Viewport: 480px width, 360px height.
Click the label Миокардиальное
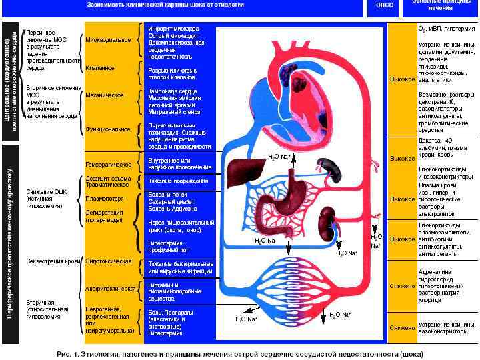(x=108, y=40)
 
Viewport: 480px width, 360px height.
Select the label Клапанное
(x=100, y=68)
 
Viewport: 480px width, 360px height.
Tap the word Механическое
(x=105, y=95)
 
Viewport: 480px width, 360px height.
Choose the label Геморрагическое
(x=108, y=163)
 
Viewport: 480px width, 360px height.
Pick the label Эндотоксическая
(x=109, y=261)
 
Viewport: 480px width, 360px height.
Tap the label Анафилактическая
(x=111, y=289)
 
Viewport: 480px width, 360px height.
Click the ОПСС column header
(x=385, y=5)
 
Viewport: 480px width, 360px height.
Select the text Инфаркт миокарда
(x=173, y=29)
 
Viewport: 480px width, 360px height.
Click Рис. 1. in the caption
(x=70, y=353)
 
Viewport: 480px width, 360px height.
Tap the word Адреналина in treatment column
(x=435, y=272)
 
